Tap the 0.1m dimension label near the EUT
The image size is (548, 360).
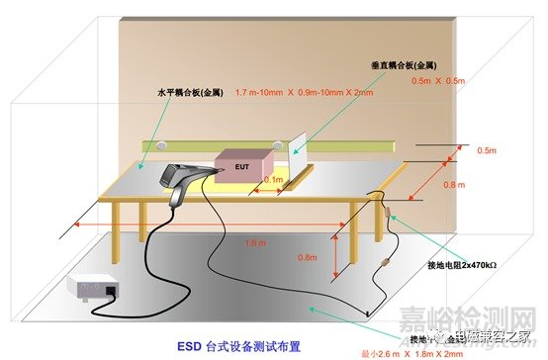tap(272, 180)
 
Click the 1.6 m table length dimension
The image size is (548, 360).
tap(255, 240)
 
